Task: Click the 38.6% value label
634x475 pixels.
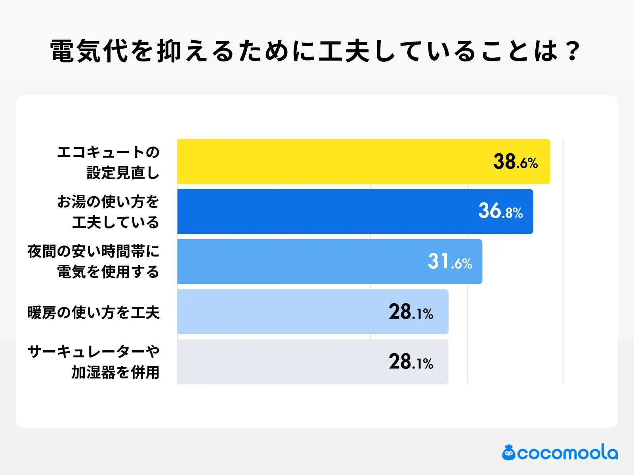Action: click(515, 162)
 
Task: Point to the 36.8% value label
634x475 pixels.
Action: click(500, 211)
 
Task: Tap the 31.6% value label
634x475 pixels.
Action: click(450, 262)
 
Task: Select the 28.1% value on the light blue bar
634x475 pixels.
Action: click(411, 312)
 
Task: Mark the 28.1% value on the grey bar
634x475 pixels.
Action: click(411, 362)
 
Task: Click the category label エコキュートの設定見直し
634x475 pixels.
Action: click(108, 162)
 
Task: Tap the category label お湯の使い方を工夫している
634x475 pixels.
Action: click(108, 212)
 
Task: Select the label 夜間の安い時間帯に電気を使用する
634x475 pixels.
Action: click(94, 262)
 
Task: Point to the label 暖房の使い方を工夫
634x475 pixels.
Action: click(94, 313)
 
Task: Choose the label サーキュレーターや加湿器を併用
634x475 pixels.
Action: click(94, 362)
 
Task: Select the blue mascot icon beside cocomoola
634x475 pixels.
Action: click(509, 453)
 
